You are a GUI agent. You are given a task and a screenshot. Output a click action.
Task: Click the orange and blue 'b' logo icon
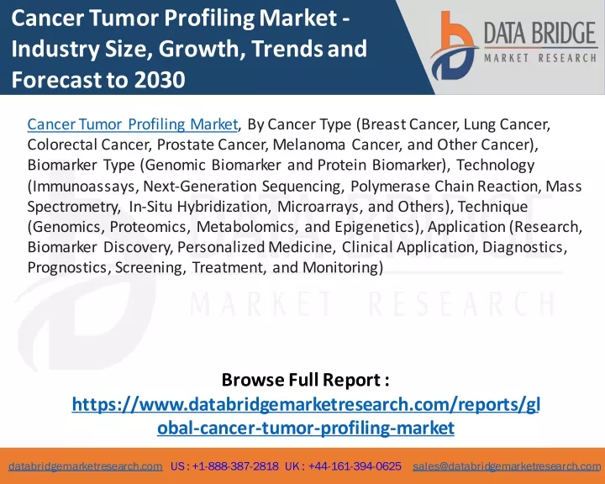click(455, 45)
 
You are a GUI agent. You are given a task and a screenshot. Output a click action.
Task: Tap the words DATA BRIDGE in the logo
click(540, 33)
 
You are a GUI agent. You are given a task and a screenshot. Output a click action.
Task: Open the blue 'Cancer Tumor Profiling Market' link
click(133, 124)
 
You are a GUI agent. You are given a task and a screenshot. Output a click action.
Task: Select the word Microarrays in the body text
click(320, 207)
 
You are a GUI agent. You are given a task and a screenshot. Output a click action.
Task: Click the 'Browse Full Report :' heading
click(305, 380)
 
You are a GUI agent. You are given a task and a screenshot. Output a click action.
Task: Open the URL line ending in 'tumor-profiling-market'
click(306, 428)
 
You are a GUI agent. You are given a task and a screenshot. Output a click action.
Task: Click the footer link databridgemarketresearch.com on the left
click(85, 466)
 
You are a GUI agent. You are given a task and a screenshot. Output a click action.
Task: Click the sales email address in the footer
click(507, 466)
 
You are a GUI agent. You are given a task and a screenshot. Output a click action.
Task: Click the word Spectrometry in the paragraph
click(74, 207)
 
